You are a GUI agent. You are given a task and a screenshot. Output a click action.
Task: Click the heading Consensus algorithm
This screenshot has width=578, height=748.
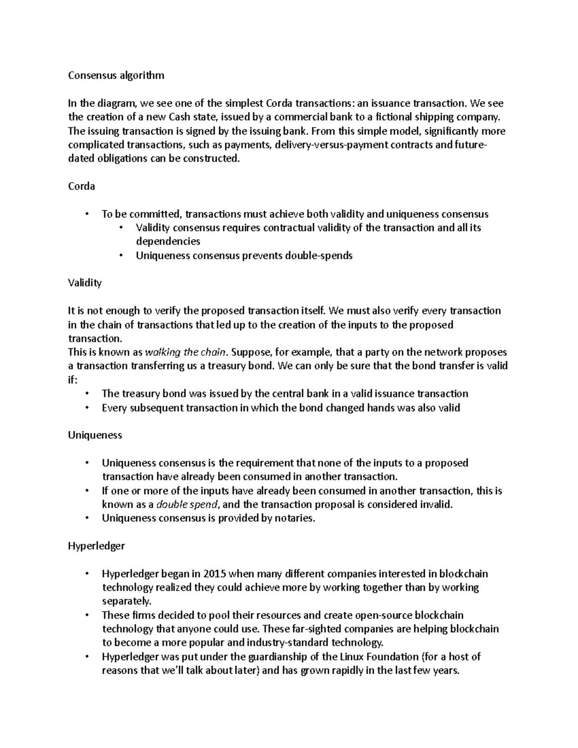(x=116, y=75)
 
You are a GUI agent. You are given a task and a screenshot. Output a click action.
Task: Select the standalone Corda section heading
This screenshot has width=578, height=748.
(x=81, y=186)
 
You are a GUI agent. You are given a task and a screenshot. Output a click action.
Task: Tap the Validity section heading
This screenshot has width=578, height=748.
(x=85, y=283)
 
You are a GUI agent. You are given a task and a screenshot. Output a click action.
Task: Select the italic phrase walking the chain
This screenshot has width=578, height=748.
(x=185, y=352)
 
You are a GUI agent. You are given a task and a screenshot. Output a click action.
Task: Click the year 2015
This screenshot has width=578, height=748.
(x=214, y=574)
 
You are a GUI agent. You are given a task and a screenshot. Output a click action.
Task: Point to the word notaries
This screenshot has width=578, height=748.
(x=294, y=518)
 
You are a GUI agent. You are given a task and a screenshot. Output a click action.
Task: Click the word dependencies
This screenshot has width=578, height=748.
(x=168, y=241)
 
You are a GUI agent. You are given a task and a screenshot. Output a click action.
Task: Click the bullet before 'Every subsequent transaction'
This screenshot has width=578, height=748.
(x=87, y=408)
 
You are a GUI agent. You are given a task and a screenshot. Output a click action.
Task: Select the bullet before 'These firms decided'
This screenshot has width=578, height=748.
(x=87, y=616)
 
